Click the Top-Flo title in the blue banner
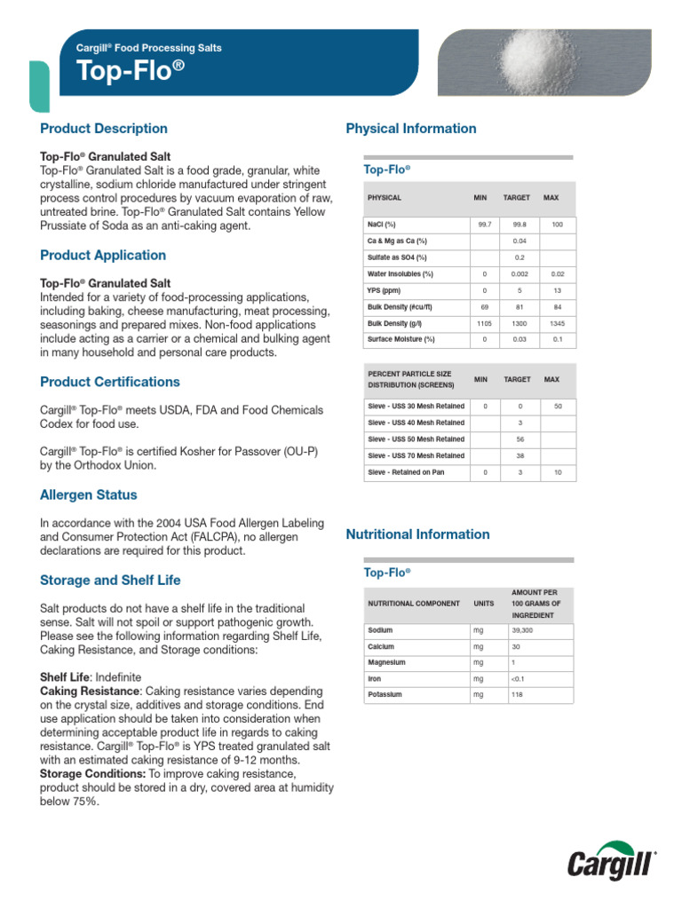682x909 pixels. pos(134,71)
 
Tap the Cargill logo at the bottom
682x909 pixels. pos(612,863)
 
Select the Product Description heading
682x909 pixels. pos(104,129)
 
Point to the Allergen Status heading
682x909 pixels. pos(89,494)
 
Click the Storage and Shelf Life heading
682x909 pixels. pos(110,581)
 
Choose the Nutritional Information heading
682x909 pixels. pos(417,534)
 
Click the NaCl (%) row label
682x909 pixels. pos(382,225)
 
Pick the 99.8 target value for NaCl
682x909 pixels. pos(519,225)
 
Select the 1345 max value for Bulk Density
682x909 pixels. pos(557,323)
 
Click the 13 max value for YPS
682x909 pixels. pos(557,290)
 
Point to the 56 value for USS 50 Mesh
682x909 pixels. pos(519,439)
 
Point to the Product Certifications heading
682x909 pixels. pos(110,382)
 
